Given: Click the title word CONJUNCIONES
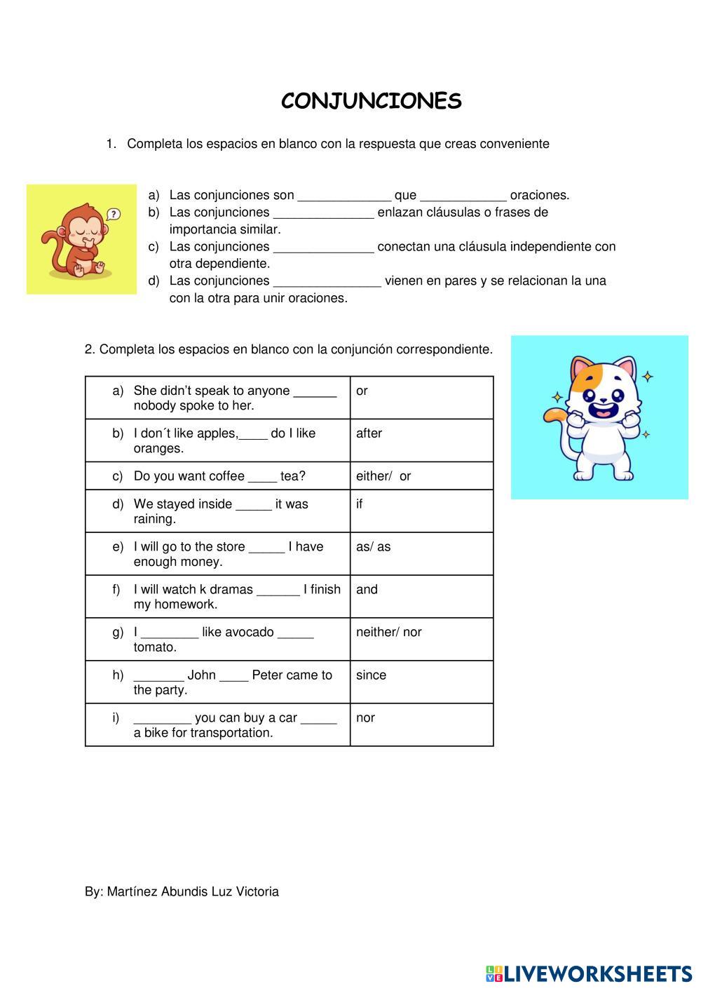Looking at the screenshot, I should (x=372, y=102).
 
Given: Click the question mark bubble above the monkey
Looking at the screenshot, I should (x=114, y=215).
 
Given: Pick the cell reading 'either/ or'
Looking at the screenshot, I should (x=421, y=476).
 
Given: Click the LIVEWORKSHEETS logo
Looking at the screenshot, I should (x=589, y=973).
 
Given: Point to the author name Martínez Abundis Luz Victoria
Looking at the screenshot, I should (x=193, y=892).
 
